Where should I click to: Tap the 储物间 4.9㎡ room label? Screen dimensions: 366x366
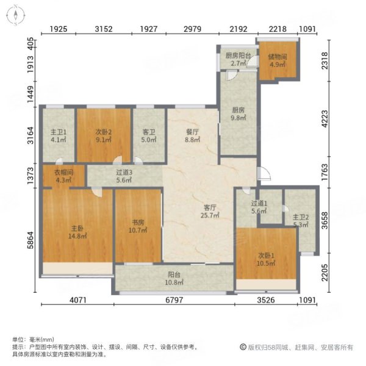point(278,61)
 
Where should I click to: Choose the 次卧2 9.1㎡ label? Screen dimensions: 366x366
point(102,135)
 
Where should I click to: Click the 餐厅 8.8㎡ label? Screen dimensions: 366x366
point(193,135)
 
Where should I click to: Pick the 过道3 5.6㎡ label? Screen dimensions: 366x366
point(124,176)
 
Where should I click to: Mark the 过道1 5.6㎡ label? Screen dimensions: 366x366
point(259,208)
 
